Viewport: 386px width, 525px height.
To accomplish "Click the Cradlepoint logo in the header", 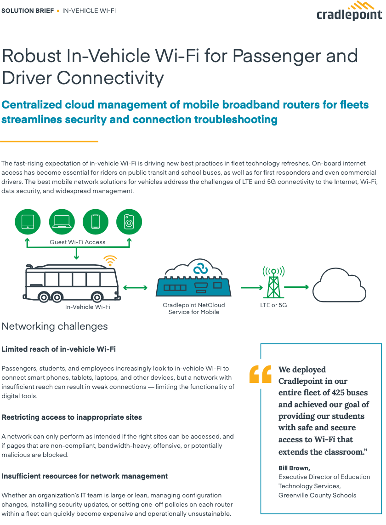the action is tap(349, 11).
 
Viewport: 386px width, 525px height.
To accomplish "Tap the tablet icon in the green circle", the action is tap(28, 222).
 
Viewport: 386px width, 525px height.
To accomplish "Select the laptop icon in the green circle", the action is tap(62, 222).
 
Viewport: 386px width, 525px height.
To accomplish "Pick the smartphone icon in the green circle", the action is tap(95, 222).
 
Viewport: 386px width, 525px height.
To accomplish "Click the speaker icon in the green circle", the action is tap(129, 222).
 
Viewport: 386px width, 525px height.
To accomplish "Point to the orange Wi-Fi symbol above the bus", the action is tap(110, 261).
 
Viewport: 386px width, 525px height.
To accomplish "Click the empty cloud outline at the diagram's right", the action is tap(339, 285).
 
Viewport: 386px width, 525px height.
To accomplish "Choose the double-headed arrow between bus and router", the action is tap(135, 288).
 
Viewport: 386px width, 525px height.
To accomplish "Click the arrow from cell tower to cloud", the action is tap(296, 287).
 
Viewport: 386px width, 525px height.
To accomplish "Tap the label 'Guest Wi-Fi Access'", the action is tap(78, 242).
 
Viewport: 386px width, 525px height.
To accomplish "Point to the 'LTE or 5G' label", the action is tap(273, 305).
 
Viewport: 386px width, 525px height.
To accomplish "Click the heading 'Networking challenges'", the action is tap(55, 326).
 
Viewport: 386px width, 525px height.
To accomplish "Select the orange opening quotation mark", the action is tap(260, 374).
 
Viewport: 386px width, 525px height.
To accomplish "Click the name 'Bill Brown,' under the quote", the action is tap(294, 468).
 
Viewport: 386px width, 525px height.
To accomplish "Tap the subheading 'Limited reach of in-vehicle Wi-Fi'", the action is tap(59, 349).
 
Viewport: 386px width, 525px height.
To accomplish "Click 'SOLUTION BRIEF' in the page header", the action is tap(28, 11).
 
